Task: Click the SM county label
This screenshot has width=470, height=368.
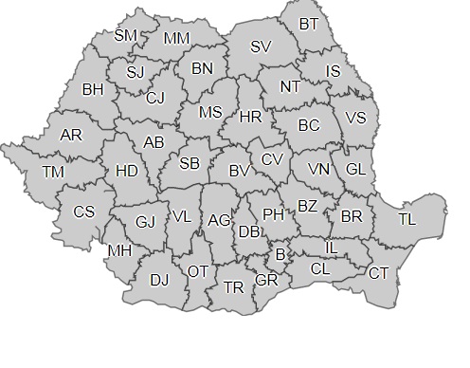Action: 125,35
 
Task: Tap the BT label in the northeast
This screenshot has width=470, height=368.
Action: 309,23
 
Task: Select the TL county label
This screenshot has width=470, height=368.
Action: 407,219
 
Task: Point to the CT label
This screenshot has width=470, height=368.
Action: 378,273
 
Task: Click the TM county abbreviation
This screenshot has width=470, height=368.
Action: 54,172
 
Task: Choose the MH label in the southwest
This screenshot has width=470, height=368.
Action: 119,250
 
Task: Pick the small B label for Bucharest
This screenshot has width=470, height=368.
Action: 280,253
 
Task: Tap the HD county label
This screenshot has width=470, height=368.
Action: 125,172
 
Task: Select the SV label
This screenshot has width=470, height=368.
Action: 261,46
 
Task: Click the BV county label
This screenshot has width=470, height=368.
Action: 239,172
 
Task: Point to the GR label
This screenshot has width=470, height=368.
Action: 266,281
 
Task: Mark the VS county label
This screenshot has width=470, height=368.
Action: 355,118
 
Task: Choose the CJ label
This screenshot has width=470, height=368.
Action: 155,97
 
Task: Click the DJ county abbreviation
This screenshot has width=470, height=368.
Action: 159,280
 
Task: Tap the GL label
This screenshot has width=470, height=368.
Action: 354,169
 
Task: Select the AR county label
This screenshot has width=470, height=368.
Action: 71,135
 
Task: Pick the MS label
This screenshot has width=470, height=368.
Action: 210,111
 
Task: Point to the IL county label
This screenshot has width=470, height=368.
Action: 331,247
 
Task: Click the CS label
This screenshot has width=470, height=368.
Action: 83,212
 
